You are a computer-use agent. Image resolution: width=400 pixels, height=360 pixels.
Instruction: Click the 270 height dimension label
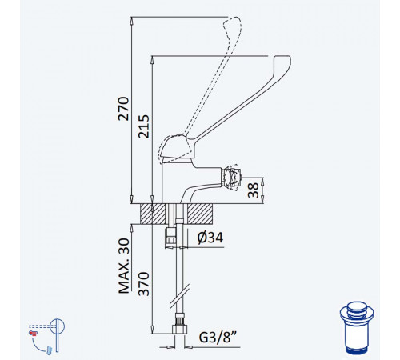123,109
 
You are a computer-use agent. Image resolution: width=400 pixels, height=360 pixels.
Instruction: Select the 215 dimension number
144,126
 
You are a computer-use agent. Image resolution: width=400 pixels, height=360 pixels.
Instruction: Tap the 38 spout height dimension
254,190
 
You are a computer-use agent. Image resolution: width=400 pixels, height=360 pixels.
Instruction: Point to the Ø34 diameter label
210,238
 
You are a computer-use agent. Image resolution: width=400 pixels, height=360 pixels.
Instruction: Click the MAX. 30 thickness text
124,266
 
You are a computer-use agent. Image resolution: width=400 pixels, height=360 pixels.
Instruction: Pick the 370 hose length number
144,284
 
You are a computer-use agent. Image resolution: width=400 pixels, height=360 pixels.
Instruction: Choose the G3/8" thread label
218,338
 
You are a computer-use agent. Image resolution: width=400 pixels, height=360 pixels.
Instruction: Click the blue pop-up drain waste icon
357,328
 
